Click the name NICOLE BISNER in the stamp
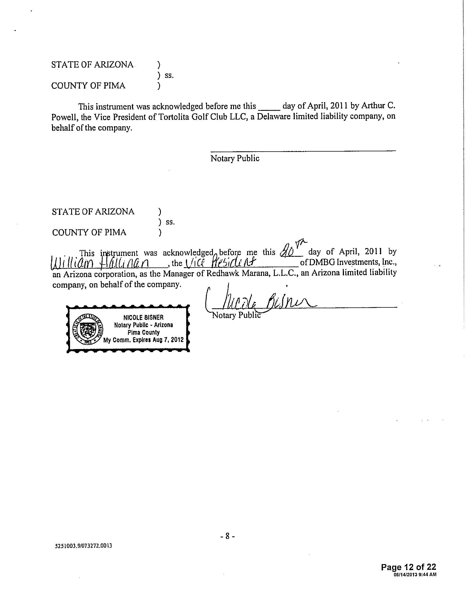click(143, 318)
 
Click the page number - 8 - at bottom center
click(228, 536)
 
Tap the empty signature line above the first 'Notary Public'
click(303, 150)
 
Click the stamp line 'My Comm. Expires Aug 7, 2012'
click(143, 340)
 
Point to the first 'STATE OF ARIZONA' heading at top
click(92, 65)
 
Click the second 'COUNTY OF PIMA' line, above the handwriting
click(89, 233)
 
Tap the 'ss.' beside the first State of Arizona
click(169, 75)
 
